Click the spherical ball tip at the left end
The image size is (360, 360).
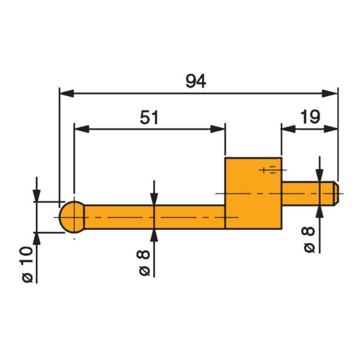click(73, 216)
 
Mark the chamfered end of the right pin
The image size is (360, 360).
click(335, 194)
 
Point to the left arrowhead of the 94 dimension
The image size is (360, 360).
click(66, 93)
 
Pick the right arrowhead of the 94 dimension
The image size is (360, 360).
click(331, 93)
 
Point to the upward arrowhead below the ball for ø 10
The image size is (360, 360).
click(37, 238)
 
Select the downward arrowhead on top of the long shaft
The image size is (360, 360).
click(154, 199)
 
